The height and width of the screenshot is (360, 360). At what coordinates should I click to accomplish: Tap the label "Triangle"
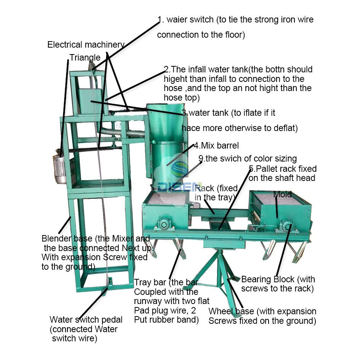[x=85, y=58]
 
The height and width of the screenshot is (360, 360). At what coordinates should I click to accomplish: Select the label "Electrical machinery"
[x=86, y=45]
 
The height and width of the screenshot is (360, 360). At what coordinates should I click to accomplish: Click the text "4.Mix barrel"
[x=216, y=146]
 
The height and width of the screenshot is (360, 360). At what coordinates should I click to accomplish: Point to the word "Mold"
[x=282, y=194]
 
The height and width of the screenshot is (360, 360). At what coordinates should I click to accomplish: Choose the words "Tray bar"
[x=150, y=283]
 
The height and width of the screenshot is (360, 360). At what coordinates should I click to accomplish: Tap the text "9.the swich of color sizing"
[x=248, y=158]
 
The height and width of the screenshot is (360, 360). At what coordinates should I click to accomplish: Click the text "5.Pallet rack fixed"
[x=283, y=168]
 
